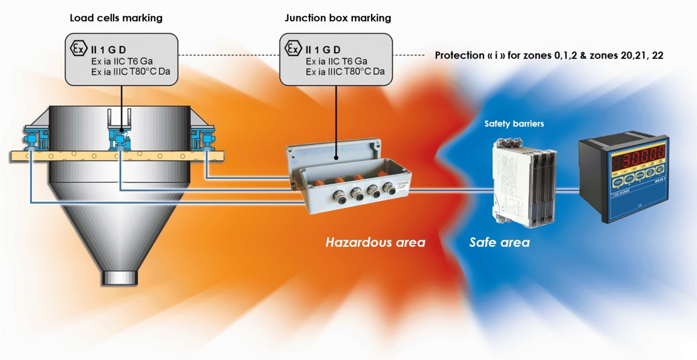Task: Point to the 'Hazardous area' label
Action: tap(375, 242)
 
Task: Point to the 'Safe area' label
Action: tap(499, 242)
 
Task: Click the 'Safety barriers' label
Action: tap(514, 124)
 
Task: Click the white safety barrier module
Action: tap(506, 182)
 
